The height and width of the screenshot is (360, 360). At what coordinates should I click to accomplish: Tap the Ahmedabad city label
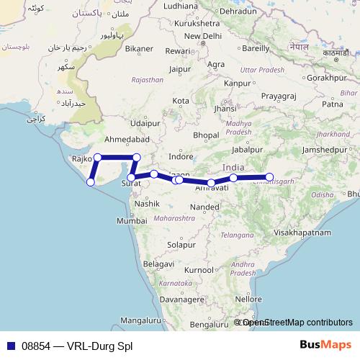coord(127,139)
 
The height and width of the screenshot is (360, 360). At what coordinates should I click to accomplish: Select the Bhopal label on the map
coord(206,135)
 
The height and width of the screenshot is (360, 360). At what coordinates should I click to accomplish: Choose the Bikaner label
coord(139,50)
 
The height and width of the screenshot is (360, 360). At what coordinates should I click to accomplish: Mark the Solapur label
coord(181,245)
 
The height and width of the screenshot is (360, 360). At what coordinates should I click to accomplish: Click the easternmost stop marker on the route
coord(270,176)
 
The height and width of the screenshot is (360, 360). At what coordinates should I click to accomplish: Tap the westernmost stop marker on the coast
coord(91,182)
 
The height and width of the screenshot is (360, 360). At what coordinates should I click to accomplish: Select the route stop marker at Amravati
coord(211,183)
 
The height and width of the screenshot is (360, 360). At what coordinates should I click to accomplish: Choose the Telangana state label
coord(238,235)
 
